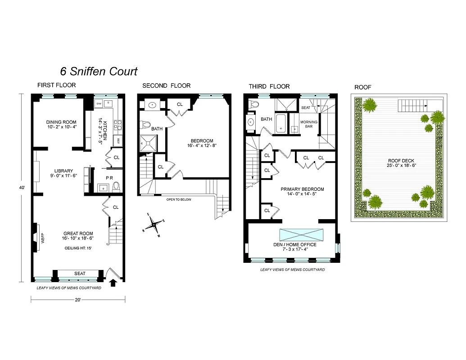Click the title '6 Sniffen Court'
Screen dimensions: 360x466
coord(99,71)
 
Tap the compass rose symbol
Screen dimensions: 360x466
coord(154,223)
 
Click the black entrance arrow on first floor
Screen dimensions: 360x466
coord(113,282)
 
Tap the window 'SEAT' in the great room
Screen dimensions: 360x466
coord(80,274)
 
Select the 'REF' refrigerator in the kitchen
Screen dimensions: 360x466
coord(118,140)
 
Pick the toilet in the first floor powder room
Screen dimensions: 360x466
coord(116,186)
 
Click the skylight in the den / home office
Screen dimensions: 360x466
coord(301,235)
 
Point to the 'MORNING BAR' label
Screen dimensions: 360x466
coord(309,125)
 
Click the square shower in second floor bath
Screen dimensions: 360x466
coord(147,143)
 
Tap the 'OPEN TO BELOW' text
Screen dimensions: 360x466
coord(179,199)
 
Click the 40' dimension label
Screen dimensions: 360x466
coord(21,189)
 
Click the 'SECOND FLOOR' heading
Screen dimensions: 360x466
coord(166,85)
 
